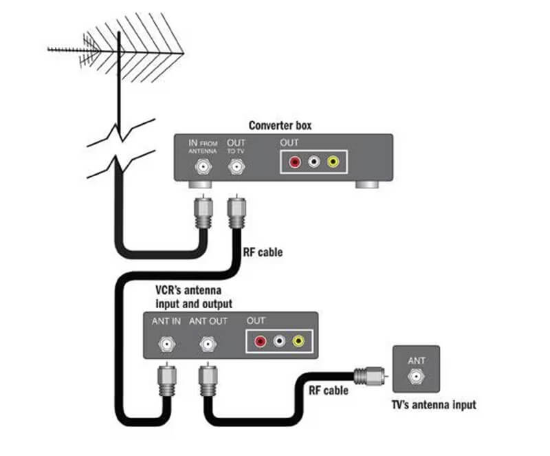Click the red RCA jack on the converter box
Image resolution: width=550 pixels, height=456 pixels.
click(x=294, y=163)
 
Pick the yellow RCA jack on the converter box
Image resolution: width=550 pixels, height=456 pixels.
click(x=333, y=163)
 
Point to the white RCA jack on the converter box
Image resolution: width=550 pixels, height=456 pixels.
click(x=313, y=163)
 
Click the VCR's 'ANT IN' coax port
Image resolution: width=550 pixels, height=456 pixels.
click(x=166, y=343)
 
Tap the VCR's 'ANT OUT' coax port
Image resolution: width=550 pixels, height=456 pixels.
click(x=205, y=343)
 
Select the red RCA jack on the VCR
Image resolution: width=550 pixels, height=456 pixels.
click(x=261, y=341)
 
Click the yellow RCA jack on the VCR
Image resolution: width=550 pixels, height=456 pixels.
click(x=298, y=341)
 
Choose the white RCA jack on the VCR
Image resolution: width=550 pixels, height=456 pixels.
click(x=279, y=341)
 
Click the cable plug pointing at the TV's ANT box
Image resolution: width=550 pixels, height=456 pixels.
click(x=368, y=376)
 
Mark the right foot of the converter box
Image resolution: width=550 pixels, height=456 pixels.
click(x=366, y=185)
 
